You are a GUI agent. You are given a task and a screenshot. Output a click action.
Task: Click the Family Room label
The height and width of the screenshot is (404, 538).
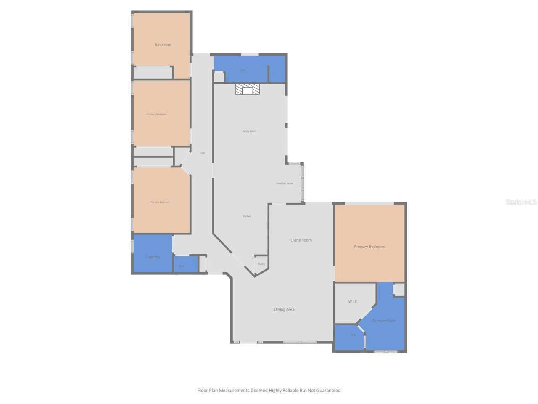249,131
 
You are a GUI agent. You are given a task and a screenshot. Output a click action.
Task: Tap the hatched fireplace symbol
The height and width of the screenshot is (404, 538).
248,90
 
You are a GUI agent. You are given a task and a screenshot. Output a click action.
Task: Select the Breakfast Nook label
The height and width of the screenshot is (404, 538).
284,183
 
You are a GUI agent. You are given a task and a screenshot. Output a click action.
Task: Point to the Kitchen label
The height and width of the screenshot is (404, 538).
247,216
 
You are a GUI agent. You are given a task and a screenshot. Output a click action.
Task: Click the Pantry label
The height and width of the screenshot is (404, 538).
261,264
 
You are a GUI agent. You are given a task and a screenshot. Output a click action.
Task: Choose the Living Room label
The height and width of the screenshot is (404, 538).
301,240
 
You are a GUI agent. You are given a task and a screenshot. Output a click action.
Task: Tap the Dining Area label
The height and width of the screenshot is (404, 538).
284,310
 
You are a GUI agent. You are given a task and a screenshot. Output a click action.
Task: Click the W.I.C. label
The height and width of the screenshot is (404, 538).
353,302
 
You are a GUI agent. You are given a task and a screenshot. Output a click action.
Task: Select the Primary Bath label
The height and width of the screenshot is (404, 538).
383,321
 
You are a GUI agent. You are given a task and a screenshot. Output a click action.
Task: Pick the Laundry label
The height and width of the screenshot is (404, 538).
153,257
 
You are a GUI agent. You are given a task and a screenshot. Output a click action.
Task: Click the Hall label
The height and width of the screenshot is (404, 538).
203,153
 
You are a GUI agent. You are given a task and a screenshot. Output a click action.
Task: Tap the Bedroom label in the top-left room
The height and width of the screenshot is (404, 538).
163,45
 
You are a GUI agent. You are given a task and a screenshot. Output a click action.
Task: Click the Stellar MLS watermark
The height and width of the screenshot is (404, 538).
521,202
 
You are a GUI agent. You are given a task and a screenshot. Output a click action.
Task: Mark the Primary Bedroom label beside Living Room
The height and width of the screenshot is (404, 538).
369,247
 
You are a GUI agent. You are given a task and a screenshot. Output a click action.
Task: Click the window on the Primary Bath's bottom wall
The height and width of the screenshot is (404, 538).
386,351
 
